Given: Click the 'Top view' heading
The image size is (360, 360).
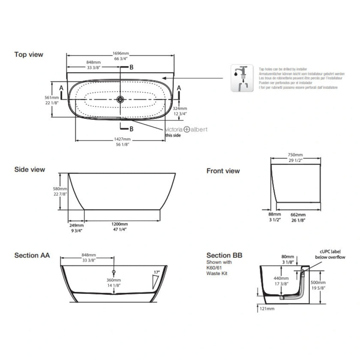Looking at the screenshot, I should point(29,54).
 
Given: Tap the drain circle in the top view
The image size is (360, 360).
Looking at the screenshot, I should point(121,99).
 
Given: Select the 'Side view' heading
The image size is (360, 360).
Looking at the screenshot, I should point(30,170).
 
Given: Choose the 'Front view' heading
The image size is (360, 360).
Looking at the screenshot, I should point(223,171).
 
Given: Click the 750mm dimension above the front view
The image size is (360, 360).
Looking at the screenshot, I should point(295,156).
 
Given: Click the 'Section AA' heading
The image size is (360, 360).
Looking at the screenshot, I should point(32,255).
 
